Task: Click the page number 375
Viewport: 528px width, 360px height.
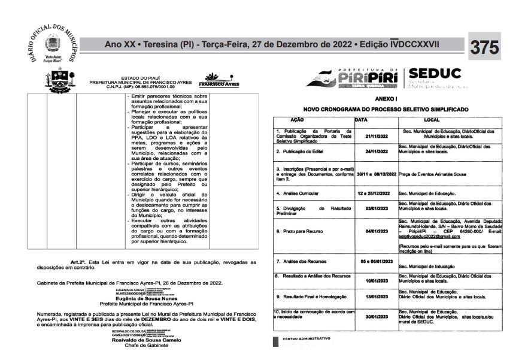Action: [x=485, y=47]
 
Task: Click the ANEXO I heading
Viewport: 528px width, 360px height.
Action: [x=386, y=98]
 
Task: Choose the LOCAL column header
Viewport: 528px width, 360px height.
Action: [x=432, y=120]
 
